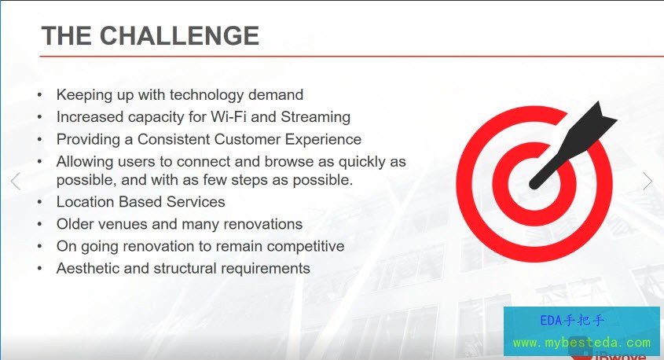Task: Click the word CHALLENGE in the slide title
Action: click(179, 35)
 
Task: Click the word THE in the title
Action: click(67, 35)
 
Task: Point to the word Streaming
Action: click(315, 117)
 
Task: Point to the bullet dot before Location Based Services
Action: click(40, 203)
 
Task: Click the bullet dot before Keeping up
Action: click(40, 95)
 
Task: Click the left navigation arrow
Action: click(16, 182)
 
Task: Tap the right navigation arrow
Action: click(648, 182)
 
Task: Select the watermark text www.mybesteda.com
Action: click(581, 343)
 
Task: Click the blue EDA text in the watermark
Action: click(551, 321)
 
